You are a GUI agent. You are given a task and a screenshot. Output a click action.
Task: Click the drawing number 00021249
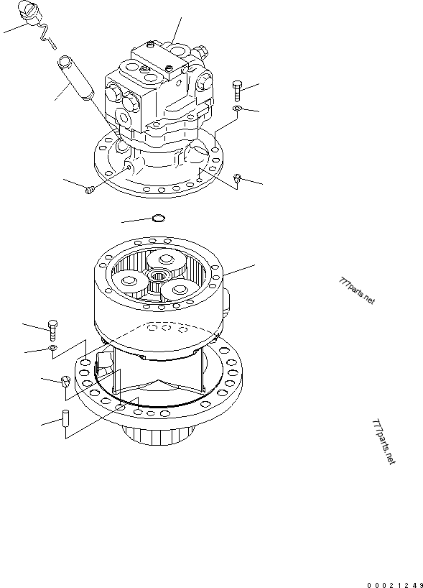pos(395,585)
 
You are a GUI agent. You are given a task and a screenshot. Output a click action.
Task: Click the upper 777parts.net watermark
pos(356,291)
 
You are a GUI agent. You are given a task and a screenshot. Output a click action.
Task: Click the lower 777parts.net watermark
pos(384,442)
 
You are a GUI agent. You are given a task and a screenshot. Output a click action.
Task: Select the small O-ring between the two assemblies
pos(158,218)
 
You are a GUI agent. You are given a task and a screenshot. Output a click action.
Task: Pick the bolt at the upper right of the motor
pos(236,91)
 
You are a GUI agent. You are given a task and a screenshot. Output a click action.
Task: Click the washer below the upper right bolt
pos(237,109)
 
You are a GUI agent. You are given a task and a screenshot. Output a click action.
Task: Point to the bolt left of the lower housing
pos(52,331)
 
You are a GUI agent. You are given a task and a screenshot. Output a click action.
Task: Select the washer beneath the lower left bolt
pos(52,348)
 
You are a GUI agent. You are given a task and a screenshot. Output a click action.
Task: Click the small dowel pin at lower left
pos(65,418)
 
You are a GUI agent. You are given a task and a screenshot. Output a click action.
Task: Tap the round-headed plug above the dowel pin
pos(65,382)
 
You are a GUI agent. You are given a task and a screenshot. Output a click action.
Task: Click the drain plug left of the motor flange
pos(89,190)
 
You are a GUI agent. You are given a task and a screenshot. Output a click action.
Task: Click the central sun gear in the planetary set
pos(158,276)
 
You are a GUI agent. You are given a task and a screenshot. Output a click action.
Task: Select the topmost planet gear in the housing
pos(166,260)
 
